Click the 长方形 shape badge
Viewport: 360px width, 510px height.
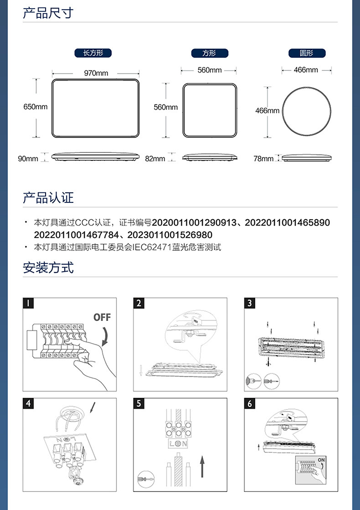[x=93, y=53]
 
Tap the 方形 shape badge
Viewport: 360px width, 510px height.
[x=210, y=53]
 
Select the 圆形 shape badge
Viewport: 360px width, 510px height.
[x=307, y=53]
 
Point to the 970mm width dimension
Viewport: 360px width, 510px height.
[x=96, y=73]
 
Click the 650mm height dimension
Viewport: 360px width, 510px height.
[x=36, y=107]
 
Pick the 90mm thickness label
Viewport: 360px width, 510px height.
[x=28, y=159]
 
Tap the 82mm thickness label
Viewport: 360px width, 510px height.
[x=155, y=159]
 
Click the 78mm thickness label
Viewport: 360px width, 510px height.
[x=263, y=159]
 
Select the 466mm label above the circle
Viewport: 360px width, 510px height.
[x=306, y=70]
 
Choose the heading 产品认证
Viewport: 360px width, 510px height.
[x=48, y=198]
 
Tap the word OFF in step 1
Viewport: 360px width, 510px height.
[x=102, y=317]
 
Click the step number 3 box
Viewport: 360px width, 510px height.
[x=249, y=303]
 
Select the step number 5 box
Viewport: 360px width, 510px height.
[x=139, y=404]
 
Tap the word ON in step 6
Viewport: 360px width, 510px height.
[x=321, y=460]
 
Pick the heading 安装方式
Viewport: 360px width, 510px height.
[x=48, y=268]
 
